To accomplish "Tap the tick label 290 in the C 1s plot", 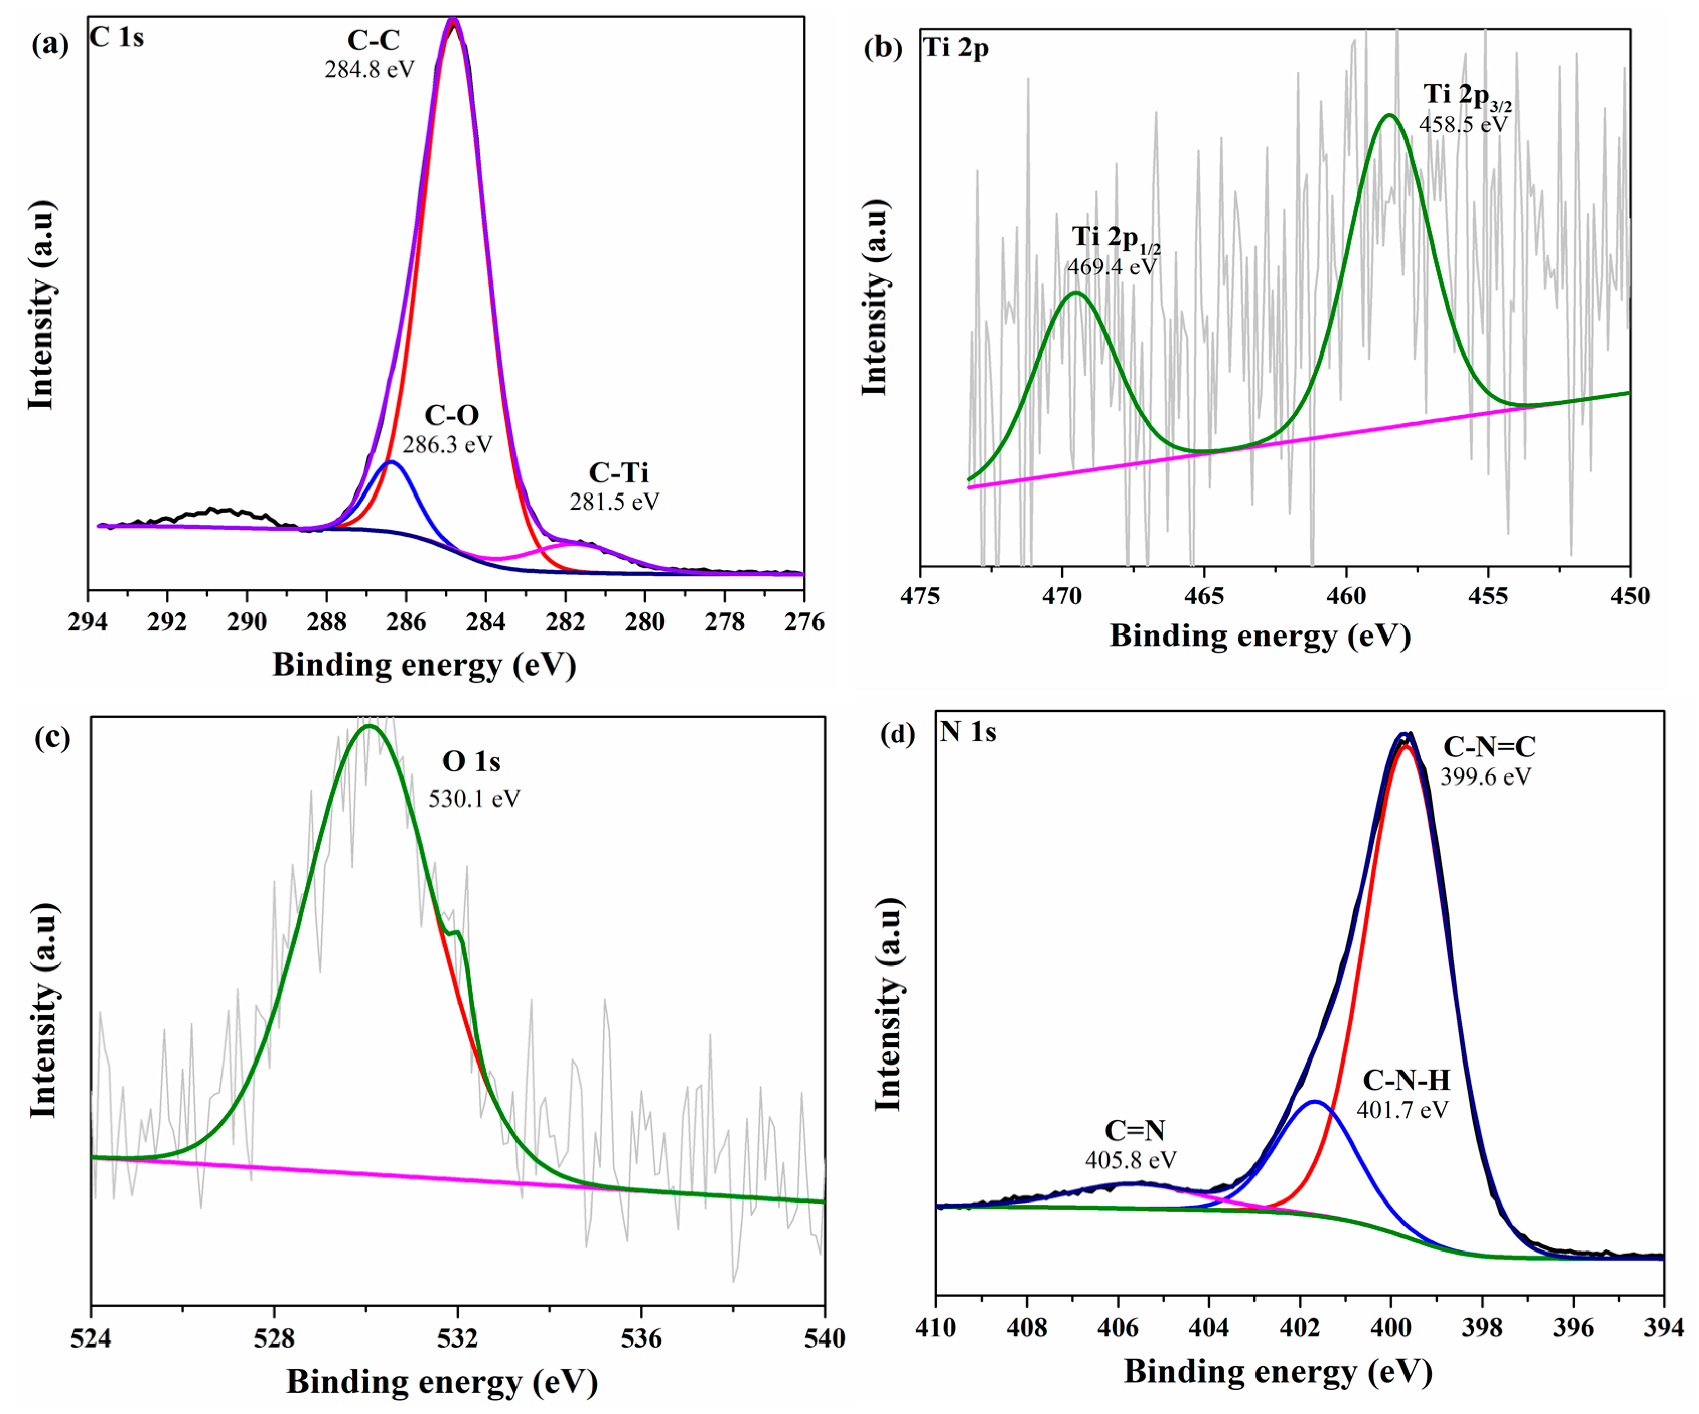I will [247, 622].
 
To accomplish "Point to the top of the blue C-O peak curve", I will [391, 462].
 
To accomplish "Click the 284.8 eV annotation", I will [369, 69].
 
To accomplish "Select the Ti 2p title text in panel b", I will [955, 48].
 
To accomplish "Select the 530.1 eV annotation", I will [474, 799].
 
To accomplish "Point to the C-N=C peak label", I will [1489, 746].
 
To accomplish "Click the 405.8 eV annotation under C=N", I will [1130, 1160].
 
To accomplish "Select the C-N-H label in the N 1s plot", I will [1406, 1080].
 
